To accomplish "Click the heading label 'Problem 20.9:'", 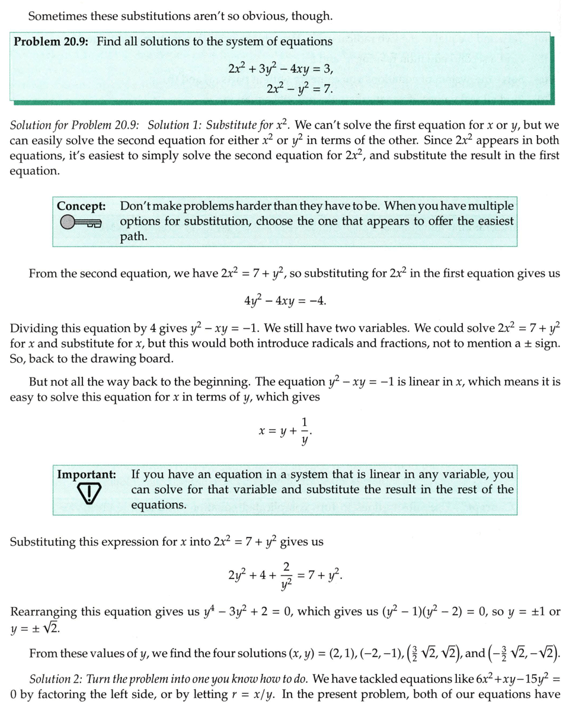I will [x=51, y=42].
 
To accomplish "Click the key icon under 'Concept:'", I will [x=81, y=223].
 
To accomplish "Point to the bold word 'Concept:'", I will [x=81, y=207].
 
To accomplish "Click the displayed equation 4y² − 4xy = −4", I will [x=284, y=300].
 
